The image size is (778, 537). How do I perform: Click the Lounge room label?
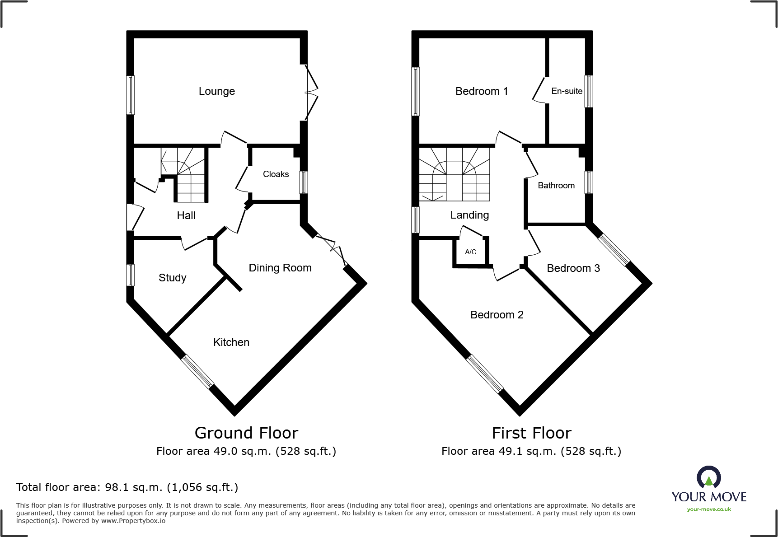pos(216,91)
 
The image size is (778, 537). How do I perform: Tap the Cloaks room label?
pos(276,174)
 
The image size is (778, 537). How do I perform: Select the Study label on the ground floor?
pos(172,278)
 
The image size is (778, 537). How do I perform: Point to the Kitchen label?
pos(231,342)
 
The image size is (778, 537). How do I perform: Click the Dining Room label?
pos(280,268)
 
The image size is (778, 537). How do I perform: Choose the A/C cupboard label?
pos(470,252)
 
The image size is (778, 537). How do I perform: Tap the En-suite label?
pos(567,91)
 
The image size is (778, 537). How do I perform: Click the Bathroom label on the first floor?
pos(556,186)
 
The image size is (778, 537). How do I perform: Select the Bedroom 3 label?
pos(573,268)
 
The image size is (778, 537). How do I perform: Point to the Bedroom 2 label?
pos(497,315)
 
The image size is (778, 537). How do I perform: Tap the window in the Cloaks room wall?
pos(304,182)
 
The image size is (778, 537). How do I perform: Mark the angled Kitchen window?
pos(197,372)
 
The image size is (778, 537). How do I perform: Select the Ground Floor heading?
pos(246,433)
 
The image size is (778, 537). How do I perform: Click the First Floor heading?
pos(531,433)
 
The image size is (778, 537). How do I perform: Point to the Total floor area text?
pos(127,487)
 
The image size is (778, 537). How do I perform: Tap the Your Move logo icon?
pos(708,477)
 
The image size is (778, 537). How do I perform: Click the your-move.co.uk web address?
pos(708,509)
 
